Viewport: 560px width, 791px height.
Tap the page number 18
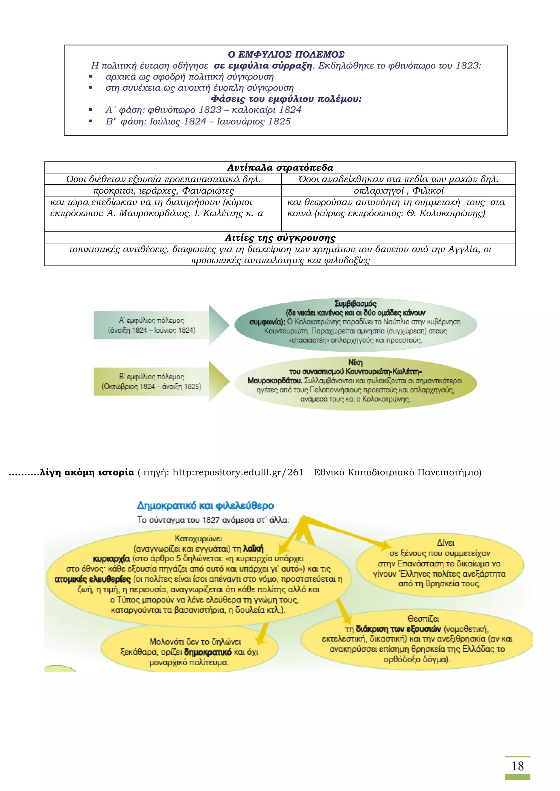coord(517,766)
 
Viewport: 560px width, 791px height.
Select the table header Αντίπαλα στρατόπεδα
coord(280,168)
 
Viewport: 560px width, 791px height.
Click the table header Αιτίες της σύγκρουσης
coord(280,238)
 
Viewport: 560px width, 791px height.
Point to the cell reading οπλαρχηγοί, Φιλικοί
coord(399,191)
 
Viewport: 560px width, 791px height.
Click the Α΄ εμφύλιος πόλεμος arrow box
coord(152,325)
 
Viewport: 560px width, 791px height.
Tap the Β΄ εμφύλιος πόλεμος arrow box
coord(152,381)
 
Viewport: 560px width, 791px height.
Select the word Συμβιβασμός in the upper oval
coord(355,303)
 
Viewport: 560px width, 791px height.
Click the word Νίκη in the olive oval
coord(355,362)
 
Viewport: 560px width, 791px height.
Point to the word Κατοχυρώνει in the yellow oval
coord(198,538)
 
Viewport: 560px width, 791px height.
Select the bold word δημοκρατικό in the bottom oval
coord(208,652)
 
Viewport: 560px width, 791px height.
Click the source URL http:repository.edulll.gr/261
coord(238,472)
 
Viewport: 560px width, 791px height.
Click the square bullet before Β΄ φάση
coord(90,121)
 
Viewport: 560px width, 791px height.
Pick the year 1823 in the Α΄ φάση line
coord(210,110)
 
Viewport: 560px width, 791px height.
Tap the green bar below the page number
coord(517,777)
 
